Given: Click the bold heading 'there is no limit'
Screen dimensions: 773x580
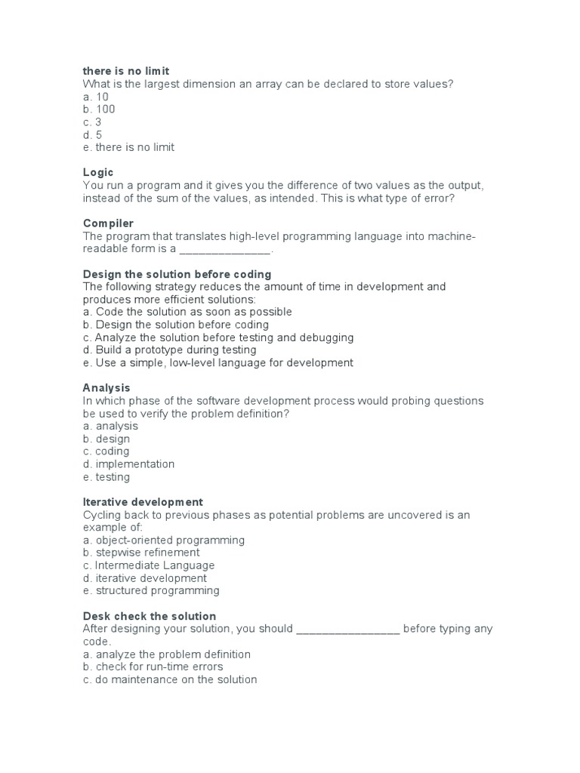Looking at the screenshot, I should pos(131,71).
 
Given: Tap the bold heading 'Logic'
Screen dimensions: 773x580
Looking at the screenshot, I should pos(98,173).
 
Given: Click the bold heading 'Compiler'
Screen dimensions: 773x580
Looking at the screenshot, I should pos(108,223).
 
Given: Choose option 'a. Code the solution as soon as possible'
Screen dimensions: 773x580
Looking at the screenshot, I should pos(187,312).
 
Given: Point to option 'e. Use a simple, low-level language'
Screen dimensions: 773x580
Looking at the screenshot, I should pos(217,363).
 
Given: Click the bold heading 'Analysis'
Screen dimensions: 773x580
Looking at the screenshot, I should pos(106,388).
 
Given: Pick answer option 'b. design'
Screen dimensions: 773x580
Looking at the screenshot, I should pos(106,439).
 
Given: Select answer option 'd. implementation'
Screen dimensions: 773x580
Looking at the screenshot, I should pos(128,464).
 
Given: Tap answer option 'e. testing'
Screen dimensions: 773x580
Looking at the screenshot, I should pos(106,477).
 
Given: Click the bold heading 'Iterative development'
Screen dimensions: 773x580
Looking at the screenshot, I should pos(143,502).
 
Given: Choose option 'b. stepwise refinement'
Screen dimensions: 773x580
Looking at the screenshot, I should pos(141,553).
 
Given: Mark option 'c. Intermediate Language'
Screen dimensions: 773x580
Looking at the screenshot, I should pos(149,565).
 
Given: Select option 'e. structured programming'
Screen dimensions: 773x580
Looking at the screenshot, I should pos(151,591).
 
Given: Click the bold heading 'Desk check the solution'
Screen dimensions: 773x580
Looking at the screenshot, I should pos(149,616).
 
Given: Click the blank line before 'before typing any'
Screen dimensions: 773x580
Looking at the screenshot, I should pos(347,630).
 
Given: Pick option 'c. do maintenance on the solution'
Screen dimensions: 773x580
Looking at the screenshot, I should pos(170,679).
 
